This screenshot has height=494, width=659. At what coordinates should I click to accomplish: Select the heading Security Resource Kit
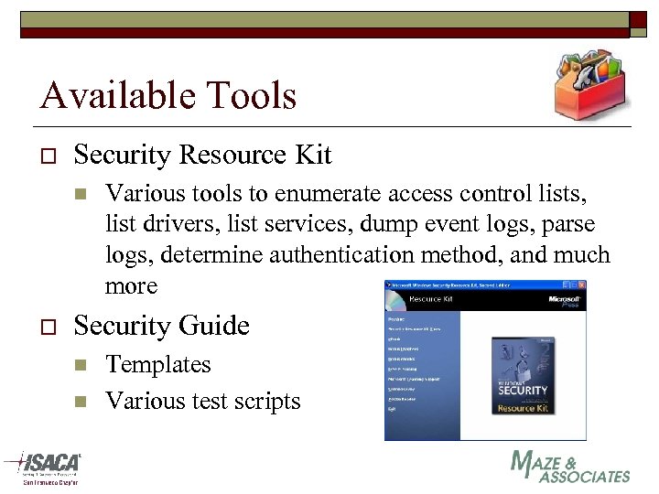pos(202,156)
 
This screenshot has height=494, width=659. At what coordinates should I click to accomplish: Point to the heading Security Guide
pos(161,326)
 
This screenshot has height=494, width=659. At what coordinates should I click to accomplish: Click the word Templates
pos(157,364)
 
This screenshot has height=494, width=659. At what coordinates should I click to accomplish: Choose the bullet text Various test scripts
pos(202,401)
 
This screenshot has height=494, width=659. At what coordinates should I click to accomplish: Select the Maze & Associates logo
pos(569,467)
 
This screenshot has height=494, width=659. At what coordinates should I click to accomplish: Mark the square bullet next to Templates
pos(80,365)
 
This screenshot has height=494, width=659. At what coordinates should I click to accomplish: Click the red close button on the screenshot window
pos(580,285)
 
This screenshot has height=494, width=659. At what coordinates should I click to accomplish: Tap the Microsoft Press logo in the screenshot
pos(564,301)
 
